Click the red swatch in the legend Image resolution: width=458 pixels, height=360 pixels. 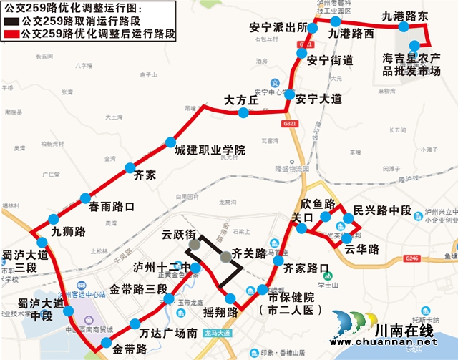[x=13, y=34]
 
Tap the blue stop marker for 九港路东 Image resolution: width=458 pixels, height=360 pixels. [x=404, y=27]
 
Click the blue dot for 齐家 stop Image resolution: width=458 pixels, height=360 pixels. [x=130, y=169]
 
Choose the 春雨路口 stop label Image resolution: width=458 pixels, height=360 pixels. [x=112, y=207]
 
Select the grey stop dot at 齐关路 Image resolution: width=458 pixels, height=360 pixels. [x=226, y=256]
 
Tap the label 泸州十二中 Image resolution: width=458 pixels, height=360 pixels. [x=158, y=266]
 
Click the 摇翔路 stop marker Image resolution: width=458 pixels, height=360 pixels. [x=230, y=299]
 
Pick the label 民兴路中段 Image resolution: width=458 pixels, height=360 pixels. [x=381, y=210]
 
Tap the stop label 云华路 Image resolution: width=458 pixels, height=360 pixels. [x=361, y=249]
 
